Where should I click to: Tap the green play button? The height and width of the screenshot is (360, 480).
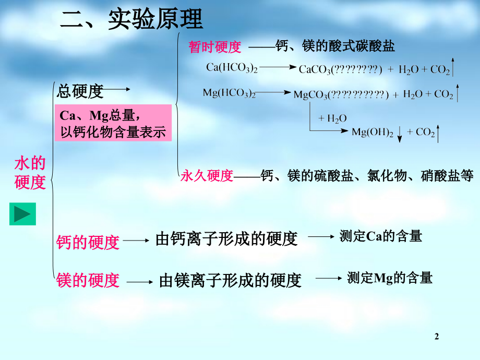(22, 214)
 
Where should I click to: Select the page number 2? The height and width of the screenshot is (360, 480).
(437, 337)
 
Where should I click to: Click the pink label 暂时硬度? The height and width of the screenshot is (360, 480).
(215, 47)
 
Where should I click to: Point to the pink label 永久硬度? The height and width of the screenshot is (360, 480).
(207, 176)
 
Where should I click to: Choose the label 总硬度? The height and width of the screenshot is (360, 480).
(80, 92)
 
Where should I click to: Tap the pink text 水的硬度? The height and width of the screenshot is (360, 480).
(30, 173)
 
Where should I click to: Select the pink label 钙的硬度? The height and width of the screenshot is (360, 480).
(88, 242)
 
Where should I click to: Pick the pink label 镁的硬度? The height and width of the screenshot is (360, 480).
(88, 280)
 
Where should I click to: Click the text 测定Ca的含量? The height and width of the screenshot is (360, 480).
(380, 236)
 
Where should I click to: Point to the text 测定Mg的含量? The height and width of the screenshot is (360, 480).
(390, 278)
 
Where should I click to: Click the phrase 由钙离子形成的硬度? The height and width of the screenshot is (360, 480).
(226, 239)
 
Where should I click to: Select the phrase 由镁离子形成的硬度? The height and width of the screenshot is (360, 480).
(230, 281)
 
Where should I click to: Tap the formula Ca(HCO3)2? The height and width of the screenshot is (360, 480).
(232, 67)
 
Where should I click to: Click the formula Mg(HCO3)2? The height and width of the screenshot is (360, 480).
(229, 93)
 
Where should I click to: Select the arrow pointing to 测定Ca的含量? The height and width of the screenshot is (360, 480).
(320, 236)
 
